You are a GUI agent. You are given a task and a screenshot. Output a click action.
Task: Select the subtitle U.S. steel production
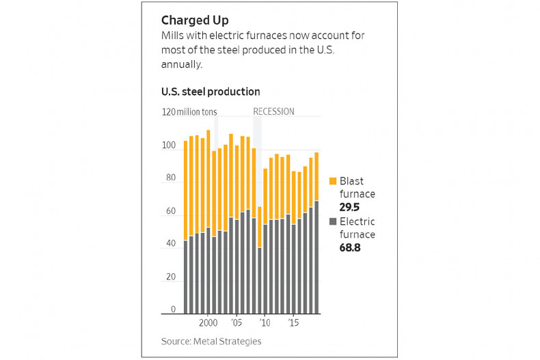(211, 92)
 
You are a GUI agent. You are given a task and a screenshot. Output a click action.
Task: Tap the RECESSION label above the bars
(273, 111)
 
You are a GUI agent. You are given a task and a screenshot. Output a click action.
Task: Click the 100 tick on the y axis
(169, 146)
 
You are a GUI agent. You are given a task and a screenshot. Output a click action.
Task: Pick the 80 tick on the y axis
(171, 178)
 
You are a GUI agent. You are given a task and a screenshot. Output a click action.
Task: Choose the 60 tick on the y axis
(171, 211)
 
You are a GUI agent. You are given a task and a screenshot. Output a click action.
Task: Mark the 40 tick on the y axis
(171, 244)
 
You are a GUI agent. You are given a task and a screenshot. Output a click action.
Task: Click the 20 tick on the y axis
(171, 277)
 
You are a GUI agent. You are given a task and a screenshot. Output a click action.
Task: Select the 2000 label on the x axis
(208, 322)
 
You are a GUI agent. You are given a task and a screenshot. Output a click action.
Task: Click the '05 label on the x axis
(236, 322)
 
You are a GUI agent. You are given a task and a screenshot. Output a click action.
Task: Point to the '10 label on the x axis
(265, 322)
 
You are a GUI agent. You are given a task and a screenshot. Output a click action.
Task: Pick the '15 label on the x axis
(293, 322)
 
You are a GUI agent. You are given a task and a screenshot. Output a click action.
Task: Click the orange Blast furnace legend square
(333, 181)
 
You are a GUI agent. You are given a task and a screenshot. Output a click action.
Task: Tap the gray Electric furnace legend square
(333, 221)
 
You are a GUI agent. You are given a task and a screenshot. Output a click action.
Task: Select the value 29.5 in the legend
(351, 207)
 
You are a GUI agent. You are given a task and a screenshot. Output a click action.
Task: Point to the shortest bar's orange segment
(260, 227)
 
